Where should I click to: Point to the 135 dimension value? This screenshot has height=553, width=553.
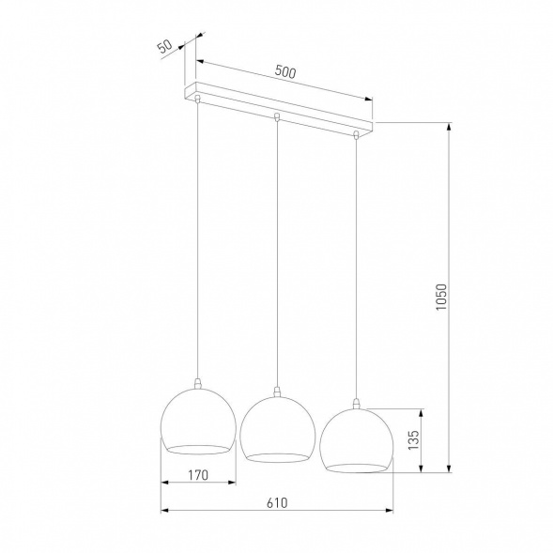click(x=410, y=439)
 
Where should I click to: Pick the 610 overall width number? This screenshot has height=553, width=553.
click(x=274, y=503)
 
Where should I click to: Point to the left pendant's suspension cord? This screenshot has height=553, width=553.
click(x=198, y=235)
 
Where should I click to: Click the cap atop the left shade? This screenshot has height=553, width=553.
click(x=198, y=382)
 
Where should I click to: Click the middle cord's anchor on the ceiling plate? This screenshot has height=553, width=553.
click(x=276, y=117)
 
